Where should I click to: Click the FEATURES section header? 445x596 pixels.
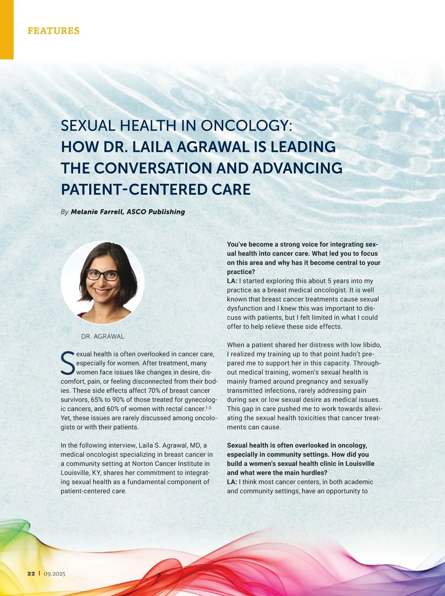tap(53, 30)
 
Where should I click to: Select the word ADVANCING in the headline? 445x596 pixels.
tap(297, 168)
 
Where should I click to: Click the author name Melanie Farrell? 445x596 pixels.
tap(96, 212)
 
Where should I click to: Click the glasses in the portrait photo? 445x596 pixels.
tap(102, 275)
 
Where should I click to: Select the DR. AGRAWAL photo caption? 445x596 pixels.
tap(103, 337)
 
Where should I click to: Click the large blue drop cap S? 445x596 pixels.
tap(67, 363)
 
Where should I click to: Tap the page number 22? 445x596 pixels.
tap(31, 574)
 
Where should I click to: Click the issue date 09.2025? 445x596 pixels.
tap(55, 574)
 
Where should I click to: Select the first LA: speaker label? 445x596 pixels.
tap(232, 281)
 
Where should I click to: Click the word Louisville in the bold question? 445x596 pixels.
tap(360, 464)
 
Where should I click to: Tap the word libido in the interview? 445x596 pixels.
tap(372, 345)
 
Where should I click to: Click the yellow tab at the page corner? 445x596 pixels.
tap(7, 30)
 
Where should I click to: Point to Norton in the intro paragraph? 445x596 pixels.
tap(143, 464)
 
